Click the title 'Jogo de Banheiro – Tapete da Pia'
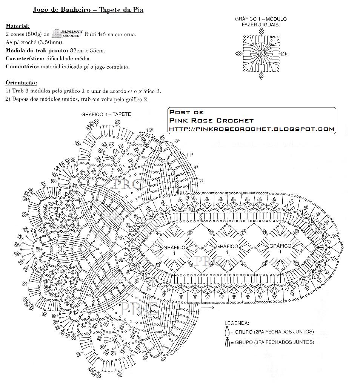[x=88, y=10]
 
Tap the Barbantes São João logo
[x=68, y=34]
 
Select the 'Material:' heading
[x=17, y=26]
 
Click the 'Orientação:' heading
[x=21, y=83]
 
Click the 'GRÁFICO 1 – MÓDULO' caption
[x=261, y=19]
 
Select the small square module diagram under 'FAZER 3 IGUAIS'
[x=261, y=54]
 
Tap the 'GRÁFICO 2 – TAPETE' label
[x=106, y=114]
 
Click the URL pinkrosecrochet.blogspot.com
[x=252, y=129]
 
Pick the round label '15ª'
[x=150, y=130]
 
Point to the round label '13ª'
[x=176, y=141]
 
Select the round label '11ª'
[x=189, y=155]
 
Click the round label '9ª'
[x=196, y=167]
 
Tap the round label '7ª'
[x=201, y=181]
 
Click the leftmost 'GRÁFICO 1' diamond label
[x=174, y=250]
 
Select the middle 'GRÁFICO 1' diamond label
[x=227, y=249]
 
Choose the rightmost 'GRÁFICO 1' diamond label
[x=280, y=248]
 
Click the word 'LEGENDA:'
[x=237, y=323]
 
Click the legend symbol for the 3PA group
[x=227, y=342]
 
